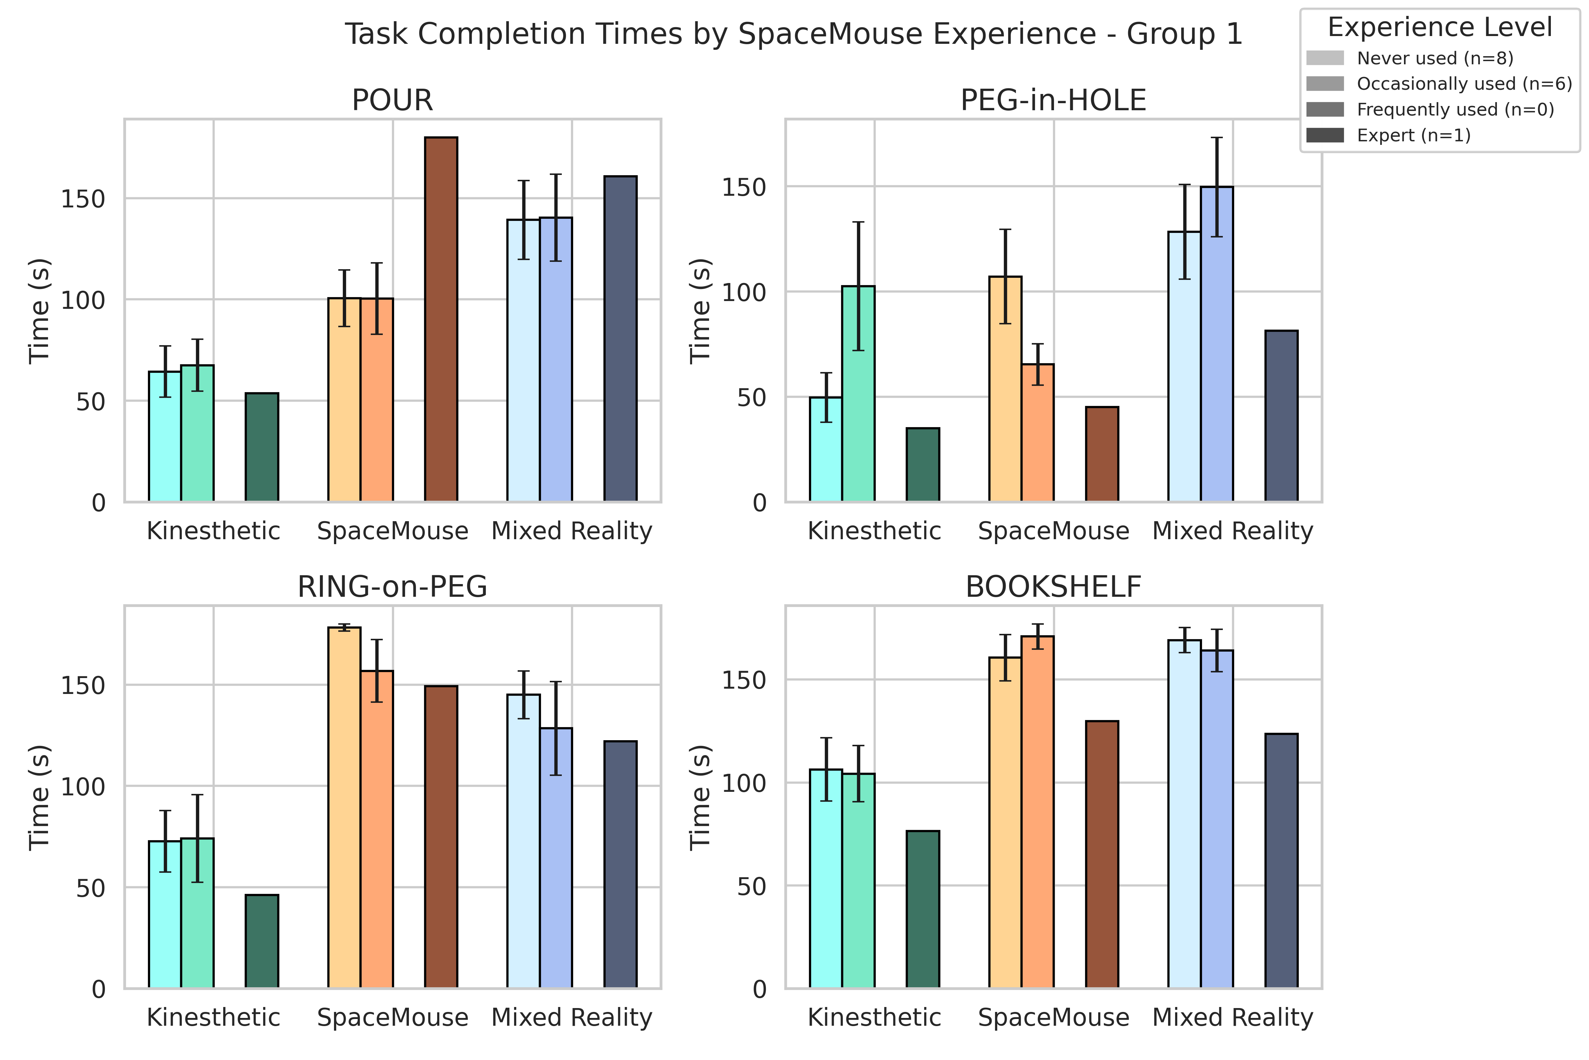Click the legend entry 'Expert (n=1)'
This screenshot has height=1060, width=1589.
[1414, 135]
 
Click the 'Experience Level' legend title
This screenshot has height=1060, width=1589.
[1440, 27]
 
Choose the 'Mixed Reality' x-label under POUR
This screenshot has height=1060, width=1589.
[572, 531]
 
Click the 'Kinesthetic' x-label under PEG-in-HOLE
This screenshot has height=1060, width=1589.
[874, 531]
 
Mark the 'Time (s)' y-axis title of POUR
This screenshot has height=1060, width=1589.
[39, 311]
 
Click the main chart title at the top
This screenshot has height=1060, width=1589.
[794, 34]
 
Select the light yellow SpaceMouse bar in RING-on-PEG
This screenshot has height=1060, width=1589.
[344, 808]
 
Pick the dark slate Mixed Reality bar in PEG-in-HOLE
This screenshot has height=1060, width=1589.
[1281, 417]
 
